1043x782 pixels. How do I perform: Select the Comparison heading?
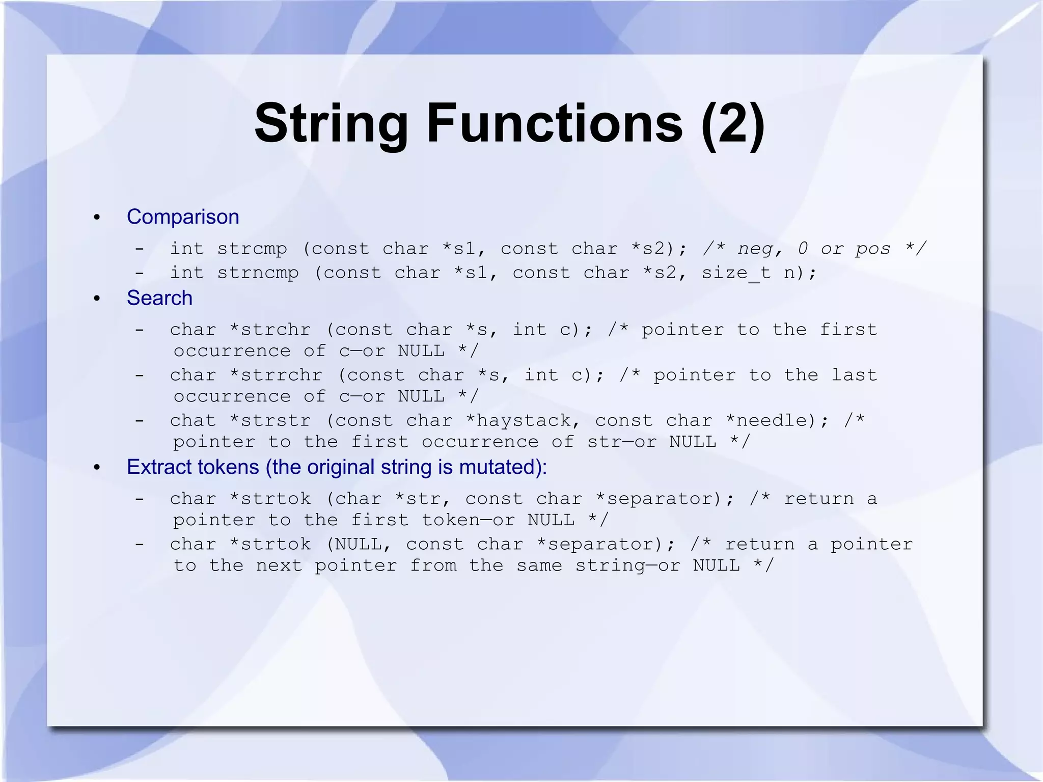point(183,217)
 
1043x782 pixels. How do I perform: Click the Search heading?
point(159,298)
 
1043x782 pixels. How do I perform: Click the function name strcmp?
point(252,249)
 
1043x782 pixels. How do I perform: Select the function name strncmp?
point(258,273)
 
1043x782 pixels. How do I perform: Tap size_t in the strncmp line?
point(736,273)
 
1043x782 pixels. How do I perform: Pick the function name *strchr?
point(270,330)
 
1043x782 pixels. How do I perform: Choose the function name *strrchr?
point(276,375)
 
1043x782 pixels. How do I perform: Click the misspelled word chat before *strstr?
point(193,421)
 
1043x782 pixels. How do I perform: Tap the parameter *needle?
point(771,421)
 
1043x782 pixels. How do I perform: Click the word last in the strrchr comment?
point(854,375)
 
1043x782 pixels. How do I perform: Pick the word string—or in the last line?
point(627,565)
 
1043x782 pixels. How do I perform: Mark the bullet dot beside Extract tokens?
point(97,468)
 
